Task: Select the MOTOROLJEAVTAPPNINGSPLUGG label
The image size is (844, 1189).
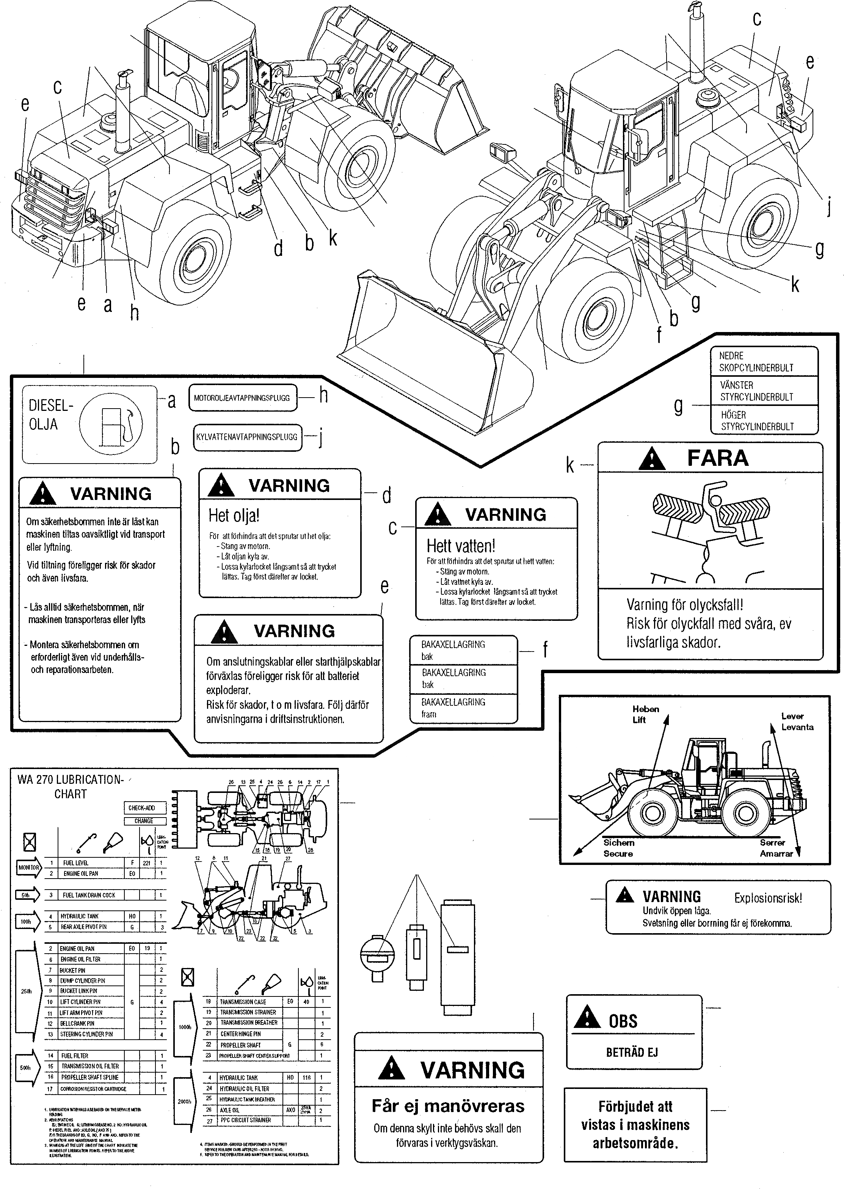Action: [242, 398]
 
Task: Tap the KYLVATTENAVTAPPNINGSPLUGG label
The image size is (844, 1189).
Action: [246, 437]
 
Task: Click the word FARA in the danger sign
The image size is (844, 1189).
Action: [718, 458]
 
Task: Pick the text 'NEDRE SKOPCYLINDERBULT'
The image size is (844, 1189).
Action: [756, 362]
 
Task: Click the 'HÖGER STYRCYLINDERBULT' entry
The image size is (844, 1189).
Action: [757, 421]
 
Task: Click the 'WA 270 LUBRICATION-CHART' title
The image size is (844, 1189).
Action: [70, 786]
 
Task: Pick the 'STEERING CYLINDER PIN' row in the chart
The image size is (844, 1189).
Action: [86, 1034]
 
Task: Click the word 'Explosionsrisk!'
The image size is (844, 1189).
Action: [768, 898]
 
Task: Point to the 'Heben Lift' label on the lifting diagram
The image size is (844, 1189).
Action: [645, 714]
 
